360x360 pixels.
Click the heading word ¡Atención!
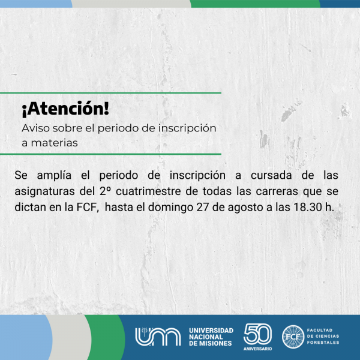click(65, 109)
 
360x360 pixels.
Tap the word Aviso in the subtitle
click(36, 128)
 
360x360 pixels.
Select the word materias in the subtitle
click(55, 143)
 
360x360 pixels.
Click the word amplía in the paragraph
click(54, 176)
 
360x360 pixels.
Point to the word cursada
click(271, 175)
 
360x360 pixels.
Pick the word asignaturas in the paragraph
click(44, 192)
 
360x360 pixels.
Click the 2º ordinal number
click(105, 191)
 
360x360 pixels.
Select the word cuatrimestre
click(148, 191)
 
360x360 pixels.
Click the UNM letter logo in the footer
click(158, 337)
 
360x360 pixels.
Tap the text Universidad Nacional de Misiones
click(211, 337)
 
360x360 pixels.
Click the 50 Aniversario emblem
click(257, 337)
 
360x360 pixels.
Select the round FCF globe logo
click(293, 337)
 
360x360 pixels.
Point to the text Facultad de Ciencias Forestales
click(323, 337)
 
